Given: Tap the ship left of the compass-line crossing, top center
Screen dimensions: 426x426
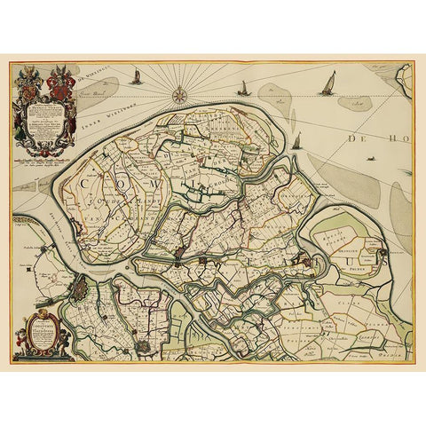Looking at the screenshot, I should pos(243,87).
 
